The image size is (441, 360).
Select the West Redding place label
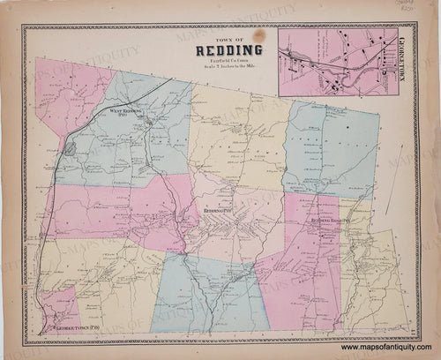click(128, 112)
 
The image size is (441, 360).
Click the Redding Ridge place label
click(327, 220)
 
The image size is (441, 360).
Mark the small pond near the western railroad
click(69, 147)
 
